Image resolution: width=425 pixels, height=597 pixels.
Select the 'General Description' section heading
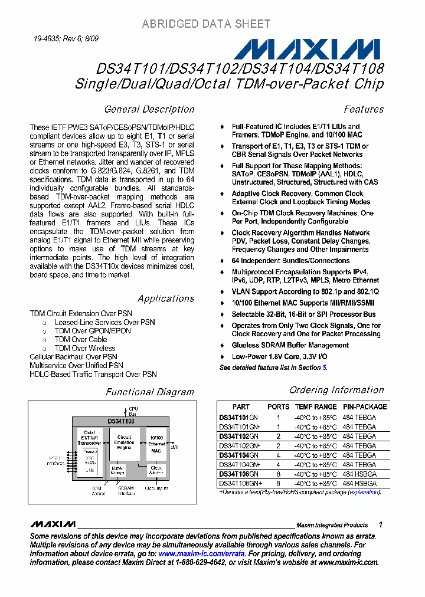[x=149, y=109]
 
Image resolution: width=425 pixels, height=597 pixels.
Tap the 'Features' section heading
[x=364, y=109]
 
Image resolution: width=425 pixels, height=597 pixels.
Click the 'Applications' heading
[x=166, y=298]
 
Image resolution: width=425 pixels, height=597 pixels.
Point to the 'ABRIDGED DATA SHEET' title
[x=206, y=24]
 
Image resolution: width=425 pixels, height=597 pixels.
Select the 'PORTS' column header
[x=278, y=407]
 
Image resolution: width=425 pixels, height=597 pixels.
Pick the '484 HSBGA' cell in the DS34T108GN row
[x=359, y=474]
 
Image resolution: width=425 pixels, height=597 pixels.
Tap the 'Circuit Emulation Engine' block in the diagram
[x=124, y=442]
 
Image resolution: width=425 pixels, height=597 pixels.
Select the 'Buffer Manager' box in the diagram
[x=118, y=470]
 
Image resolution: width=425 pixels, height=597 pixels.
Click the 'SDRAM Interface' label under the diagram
[x=126, y=491]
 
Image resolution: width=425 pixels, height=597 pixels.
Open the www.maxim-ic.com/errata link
[x=201, y=554]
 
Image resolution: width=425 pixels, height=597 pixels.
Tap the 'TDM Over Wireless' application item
[x=85, y=348]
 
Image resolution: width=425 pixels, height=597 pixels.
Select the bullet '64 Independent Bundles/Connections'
[x=290, y=261]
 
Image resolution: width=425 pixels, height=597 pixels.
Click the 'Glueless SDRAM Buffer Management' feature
[x=290, y=346]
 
